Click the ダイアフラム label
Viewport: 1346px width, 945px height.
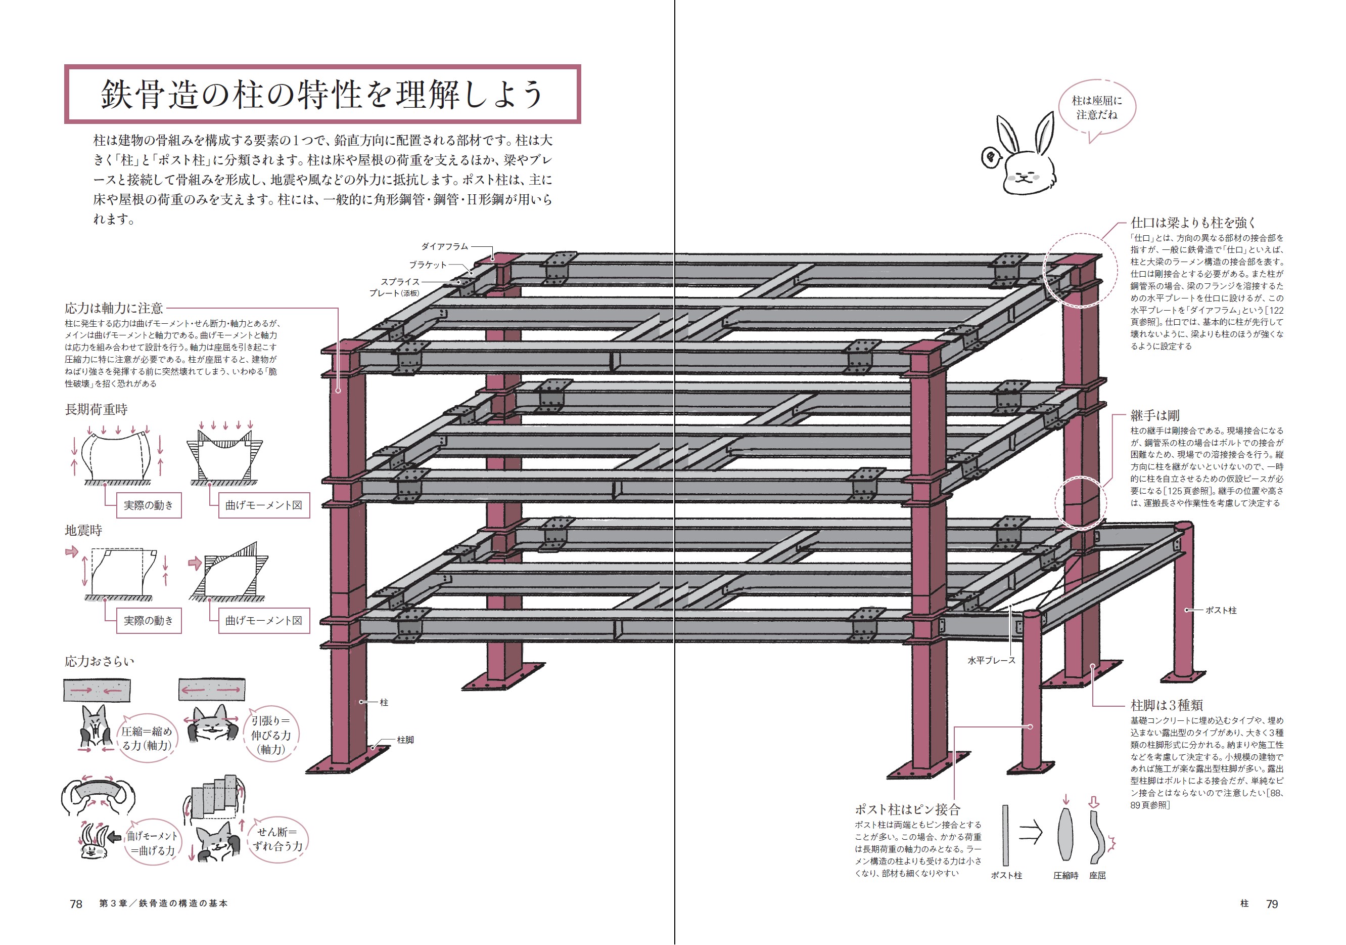(x=444, y=246)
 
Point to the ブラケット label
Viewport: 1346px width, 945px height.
(x=428, y=265)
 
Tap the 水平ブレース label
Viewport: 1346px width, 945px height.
(x=991, y=661)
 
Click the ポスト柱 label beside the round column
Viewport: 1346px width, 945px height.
(x=1221, y=610)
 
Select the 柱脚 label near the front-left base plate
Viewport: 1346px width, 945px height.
(x=405, y=740)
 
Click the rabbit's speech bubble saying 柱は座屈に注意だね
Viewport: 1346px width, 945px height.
(x=1096, y=108)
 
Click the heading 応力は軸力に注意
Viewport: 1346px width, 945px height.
(x=114, y=308)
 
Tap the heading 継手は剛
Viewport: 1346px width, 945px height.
(x=1154, y=415)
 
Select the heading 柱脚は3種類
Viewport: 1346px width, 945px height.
(x=1166, y=705)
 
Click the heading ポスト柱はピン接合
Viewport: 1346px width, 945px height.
(x=907, y=809)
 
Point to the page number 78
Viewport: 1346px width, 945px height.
(x=76, y=904)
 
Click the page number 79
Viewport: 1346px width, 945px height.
(x=1272, y=904)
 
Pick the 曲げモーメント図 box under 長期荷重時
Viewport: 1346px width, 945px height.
(x=263, y=505)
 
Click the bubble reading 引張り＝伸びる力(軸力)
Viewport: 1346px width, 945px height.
(x=271, y=735)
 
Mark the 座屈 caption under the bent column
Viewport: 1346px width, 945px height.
(x=1097, y=875)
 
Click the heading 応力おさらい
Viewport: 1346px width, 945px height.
(x=99, y=661)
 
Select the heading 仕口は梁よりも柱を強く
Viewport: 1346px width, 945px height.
(x=1193, y=222)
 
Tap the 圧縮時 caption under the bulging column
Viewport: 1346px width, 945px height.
(x=1065, y=875)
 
